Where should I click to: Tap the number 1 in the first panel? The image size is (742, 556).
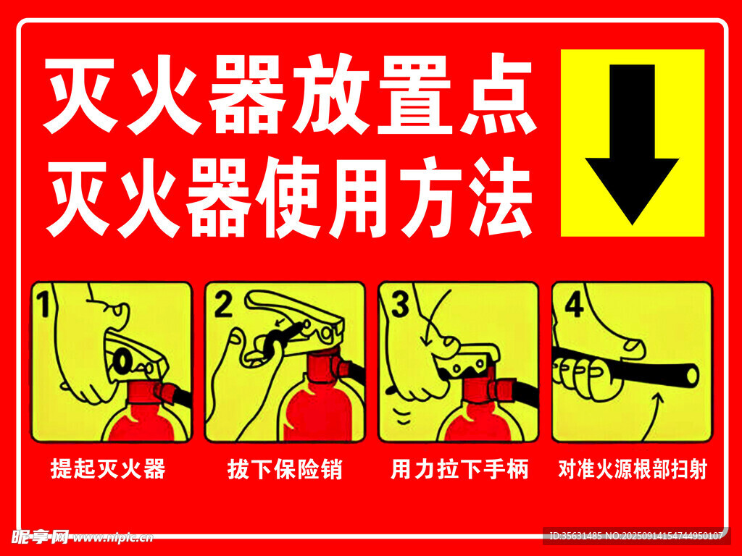pos(44,303)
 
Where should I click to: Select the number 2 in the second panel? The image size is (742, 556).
pos(223,303)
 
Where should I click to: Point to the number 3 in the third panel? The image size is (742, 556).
pos(400,304)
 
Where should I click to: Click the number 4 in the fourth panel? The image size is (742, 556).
pos(574,304)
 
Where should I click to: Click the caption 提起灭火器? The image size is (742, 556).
pos(109,468)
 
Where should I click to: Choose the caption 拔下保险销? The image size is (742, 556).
pos(284,468)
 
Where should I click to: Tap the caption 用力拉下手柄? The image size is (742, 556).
pos(459,468)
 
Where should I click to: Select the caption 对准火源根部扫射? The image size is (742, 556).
pos(633,468)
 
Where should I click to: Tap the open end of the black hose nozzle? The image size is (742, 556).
pos(692,376)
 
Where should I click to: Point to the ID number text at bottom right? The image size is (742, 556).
pos(636,536)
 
